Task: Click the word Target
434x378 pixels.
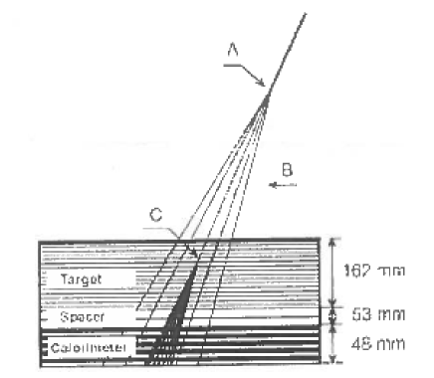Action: click(88, 281)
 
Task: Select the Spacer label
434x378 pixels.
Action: click(85, 317)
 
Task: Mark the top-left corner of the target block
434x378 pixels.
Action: click(38, 242)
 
